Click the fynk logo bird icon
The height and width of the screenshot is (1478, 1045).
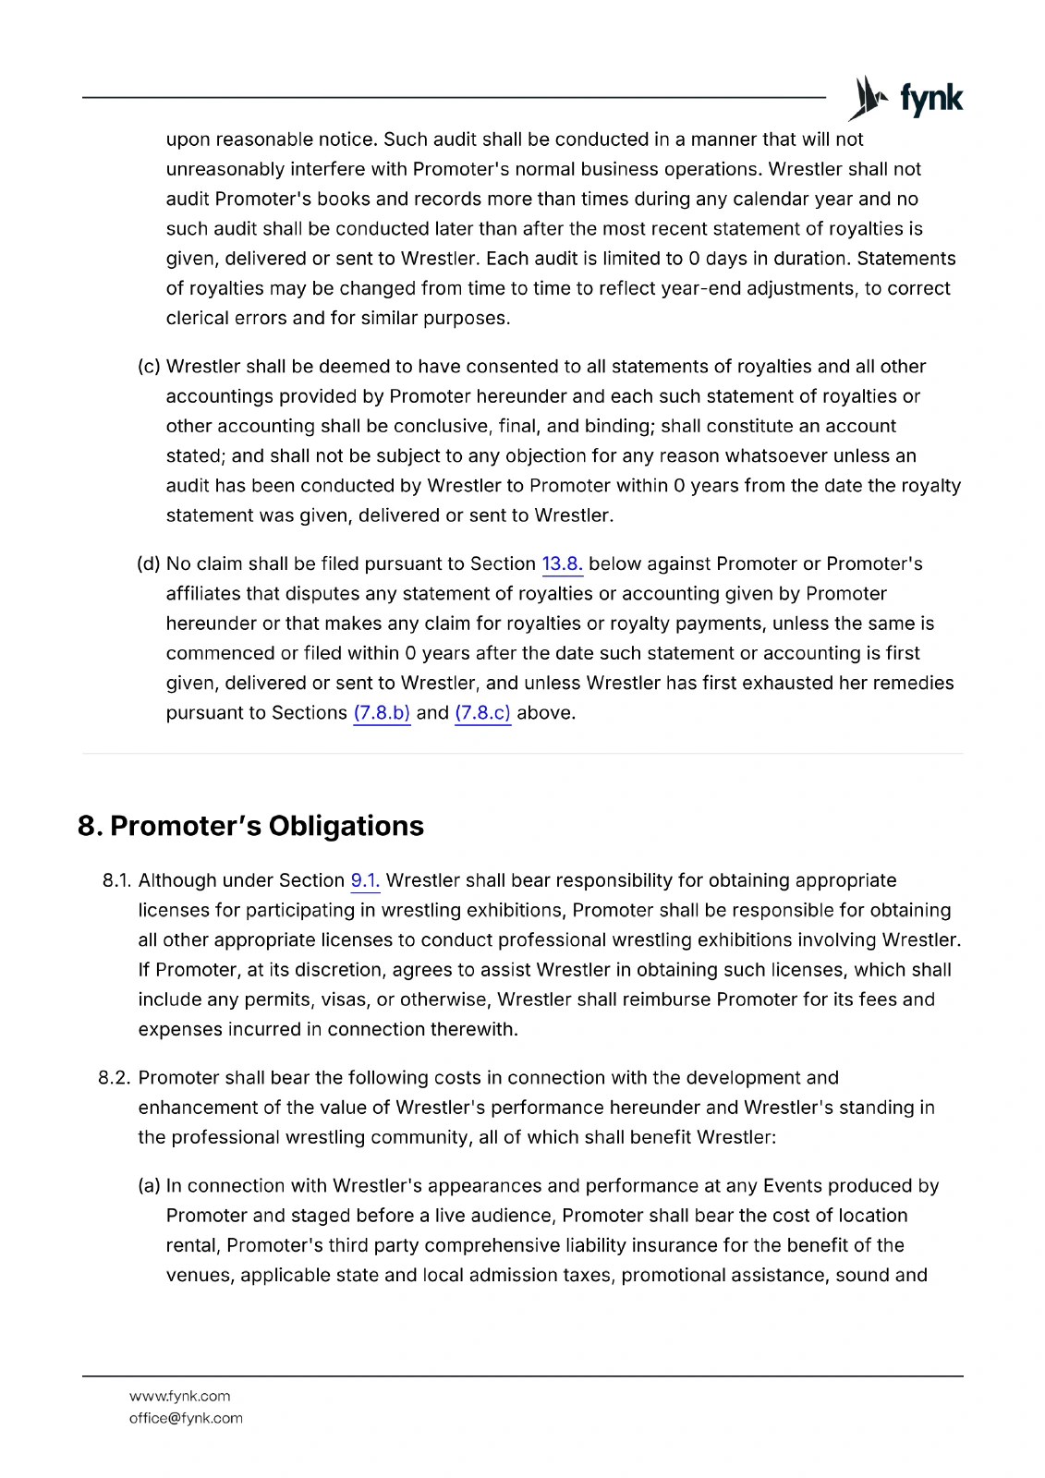click(x=867, y=98)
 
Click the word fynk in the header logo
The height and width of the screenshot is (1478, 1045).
click(x=931, y=98)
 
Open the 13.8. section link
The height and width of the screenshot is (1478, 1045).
click(x=562, y=564)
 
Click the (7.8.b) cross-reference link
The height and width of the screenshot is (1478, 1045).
click(x=382, y=713)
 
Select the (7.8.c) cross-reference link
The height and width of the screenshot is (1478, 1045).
click(x=482, y=713)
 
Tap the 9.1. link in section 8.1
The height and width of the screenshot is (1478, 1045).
click(x=365, y=881)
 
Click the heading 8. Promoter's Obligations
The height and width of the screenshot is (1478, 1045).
click(x=250, y=826)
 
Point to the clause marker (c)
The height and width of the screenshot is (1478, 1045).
click(x=149, y=367)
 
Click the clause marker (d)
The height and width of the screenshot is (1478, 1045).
click(x=149, y=564)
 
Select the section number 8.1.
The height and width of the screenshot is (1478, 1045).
click(x=117, y=881)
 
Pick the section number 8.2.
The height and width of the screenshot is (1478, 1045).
click(x=115, y=1078)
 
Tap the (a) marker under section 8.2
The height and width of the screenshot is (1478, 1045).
click(x=149, y=1186)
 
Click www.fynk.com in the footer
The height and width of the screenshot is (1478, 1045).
click(x=180, y=1396)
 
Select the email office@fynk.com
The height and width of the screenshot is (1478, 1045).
click(x=186, y=1418)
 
